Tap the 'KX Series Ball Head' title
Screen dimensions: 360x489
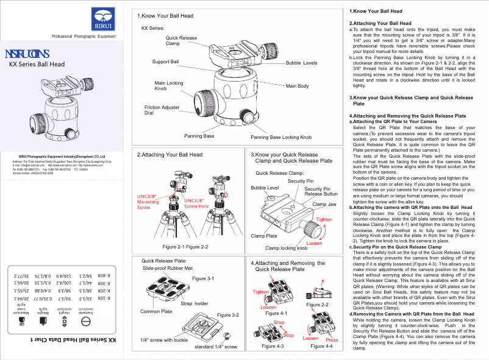pos(37,64)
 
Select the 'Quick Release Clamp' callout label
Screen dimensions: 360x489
pos(181,41)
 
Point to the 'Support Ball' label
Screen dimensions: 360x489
pos(165,62)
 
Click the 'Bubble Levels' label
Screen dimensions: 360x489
pos(301,63)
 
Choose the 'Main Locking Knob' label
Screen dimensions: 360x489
pos(168,86)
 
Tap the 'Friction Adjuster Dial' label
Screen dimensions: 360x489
pos(162,110)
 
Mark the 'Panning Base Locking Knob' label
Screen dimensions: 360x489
pos(281,138)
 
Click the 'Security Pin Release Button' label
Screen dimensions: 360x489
pos(317,191)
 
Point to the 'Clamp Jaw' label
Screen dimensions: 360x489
pos(324,204)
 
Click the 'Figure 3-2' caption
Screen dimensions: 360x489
pos(227,315)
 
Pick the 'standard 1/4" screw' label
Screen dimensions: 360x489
pos(215,347)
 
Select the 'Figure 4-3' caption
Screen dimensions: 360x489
pos(273,346)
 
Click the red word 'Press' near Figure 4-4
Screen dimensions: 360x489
pos(332,340)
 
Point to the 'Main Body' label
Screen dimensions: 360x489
pos(297,86)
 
